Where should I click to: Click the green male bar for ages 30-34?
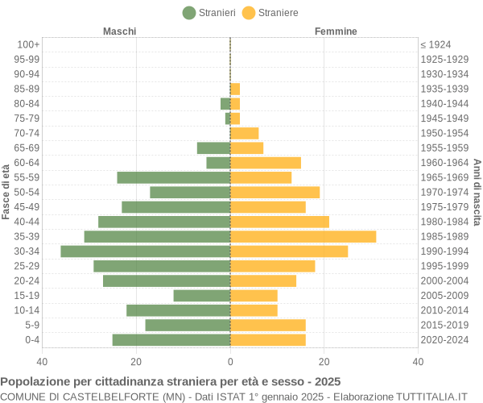coord(146,251)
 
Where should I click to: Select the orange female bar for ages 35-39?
coord(303,236)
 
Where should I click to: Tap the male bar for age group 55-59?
coord(174,177)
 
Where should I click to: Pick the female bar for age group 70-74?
coord(244,133)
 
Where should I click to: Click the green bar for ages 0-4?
coord(171,340)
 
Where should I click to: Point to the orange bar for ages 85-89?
coord(235,89)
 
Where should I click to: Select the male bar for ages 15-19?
coord(202,296)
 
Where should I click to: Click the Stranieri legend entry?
coord(209,13)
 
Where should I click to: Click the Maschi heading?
coord(119,31)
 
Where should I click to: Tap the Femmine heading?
coord(336,31)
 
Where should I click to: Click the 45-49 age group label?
coord(27,207)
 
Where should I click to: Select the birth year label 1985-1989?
coord(444,236)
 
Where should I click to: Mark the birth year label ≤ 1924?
coord(436,44)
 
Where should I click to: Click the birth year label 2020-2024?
coord(444,340)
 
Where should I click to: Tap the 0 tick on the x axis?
coord(230,363)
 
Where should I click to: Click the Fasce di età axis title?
coord(6,192)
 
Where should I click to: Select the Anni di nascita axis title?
coord(477,192)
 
